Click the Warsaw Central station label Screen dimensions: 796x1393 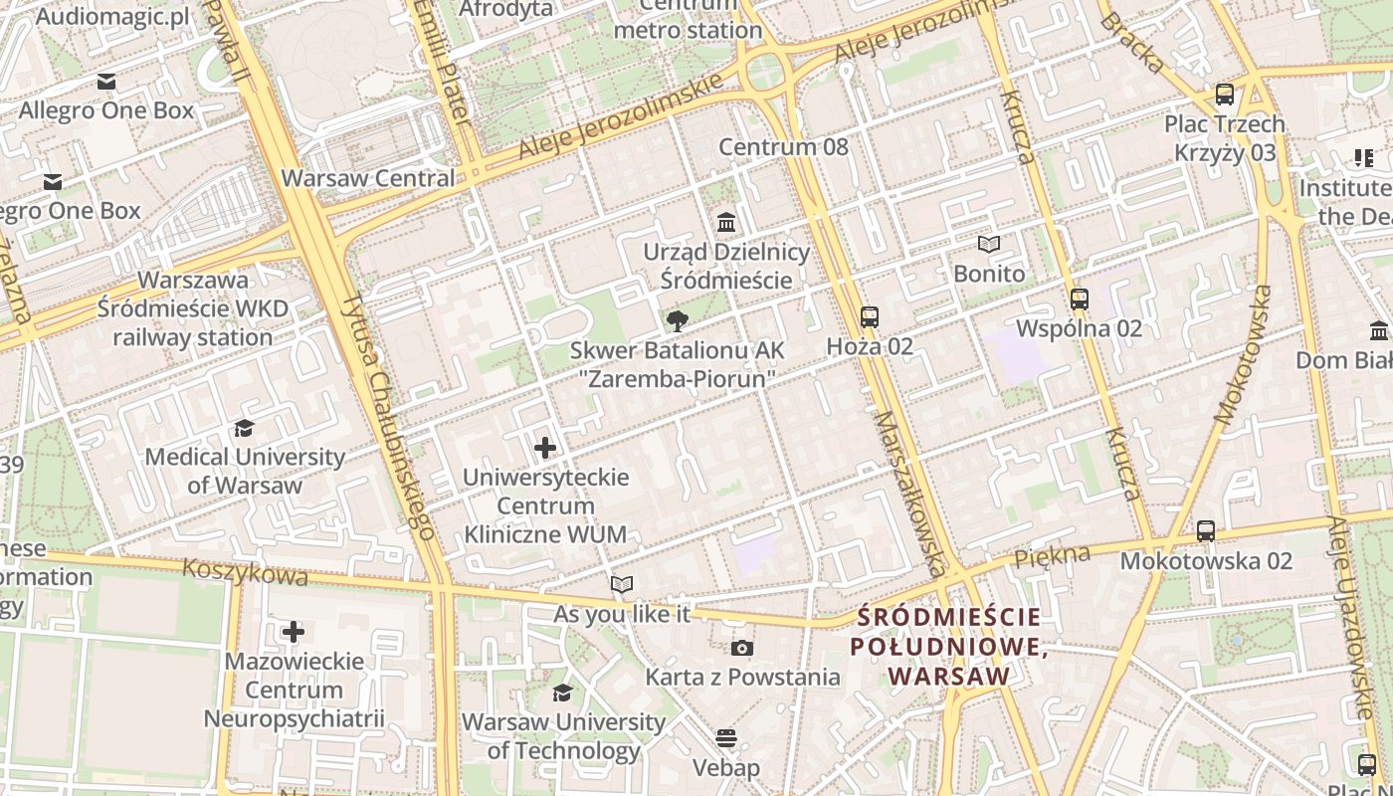[368, 179]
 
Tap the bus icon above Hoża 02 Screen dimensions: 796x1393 [870, 317]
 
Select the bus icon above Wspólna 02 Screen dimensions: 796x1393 [1080, 298]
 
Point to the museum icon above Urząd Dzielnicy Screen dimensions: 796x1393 [726, 222]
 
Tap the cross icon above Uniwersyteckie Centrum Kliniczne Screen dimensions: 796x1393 [545, 448]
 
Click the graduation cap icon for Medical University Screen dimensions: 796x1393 [244, 428]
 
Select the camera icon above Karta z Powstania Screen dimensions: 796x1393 [741, 649]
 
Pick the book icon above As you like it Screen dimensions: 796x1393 [622, 585]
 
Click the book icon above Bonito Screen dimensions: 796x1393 [988, 244]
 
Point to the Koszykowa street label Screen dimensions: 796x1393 [246, 572]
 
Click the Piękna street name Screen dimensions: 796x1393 [1053, 557]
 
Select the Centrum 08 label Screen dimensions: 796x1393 [784, 147]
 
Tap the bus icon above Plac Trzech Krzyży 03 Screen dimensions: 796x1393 [1225, 95]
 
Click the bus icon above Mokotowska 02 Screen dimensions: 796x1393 [1206, 531]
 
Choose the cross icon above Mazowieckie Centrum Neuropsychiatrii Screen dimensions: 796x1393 [294, 632]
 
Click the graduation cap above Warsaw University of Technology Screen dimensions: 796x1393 [563, 693]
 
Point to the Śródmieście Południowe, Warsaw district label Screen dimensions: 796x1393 [950, 646]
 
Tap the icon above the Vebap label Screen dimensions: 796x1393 [726, 738]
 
